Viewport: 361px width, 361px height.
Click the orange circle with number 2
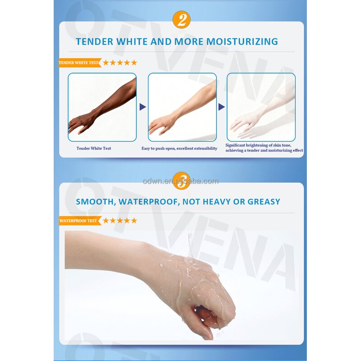[x=181, y=19]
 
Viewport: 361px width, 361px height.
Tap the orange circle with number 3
[x=181, y=180]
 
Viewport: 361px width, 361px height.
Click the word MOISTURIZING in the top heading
[x=242, y=42]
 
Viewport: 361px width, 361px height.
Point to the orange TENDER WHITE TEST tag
[x=79, y=63]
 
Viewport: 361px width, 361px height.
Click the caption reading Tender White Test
[x=93, y=148]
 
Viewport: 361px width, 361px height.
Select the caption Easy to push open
[x=179, y=148]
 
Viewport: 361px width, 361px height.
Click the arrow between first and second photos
[x=143, y=107]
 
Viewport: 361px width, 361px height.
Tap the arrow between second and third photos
[x=222, y=107]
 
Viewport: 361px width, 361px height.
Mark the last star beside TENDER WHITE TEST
[x=134, y=63]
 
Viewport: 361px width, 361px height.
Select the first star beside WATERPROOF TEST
[x=106, y=221]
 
